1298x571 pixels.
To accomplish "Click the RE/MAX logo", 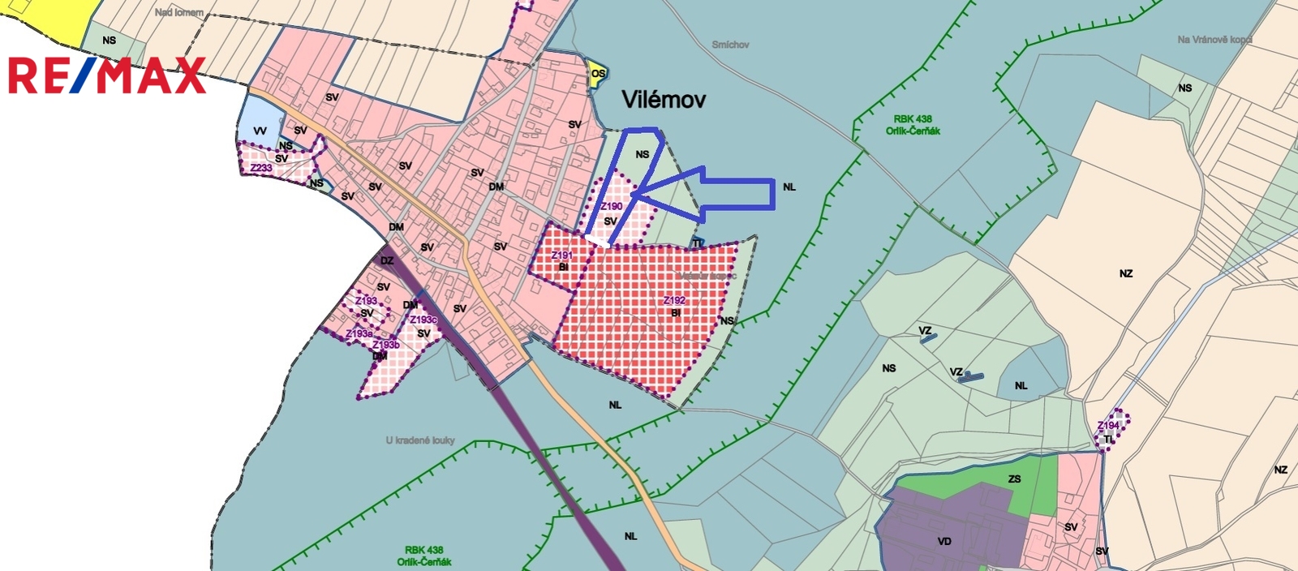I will click(x=106, y=75).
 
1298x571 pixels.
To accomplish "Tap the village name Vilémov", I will click(x=664, y=100).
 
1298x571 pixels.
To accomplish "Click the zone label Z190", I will click(x=612, y=206).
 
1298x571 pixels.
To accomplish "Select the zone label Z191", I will click(x=561, y=255).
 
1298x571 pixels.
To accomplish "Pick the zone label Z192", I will click(x=674, y=301).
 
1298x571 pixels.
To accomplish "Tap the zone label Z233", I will click(x=261, y=168).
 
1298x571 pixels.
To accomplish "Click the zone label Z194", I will click(x=1108, y=426).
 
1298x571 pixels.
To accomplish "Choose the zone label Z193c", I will click(x=423, y=320).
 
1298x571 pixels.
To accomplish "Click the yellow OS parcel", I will click(x=598, y=74).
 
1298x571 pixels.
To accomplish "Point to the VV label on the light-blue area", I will click(x=260, y=131).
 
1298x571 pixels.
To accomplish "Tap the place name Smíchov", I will click(x=730, y=45).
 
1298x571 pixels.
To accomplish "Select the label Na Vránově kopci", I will click(x=1214, y=40).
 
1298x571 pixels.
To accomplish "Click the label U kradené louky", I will click(x=420, y=440).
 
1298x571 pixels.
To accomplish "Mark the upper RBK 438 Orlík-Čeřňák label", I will click(x=913, y=125).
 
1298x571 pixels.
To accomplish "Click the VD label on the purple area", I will click(x=944, y=541).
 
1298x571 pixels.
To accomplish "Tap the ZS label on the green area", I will click(x=1014, y=479).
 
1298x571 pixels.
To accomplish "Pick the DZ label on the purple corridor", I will click(x=387, y=260).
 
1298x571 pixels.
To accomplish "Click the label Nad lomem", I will click(x=179, y=13).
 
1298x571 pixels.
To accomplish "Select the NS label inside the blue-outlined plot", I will click(x=643, y=155).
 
